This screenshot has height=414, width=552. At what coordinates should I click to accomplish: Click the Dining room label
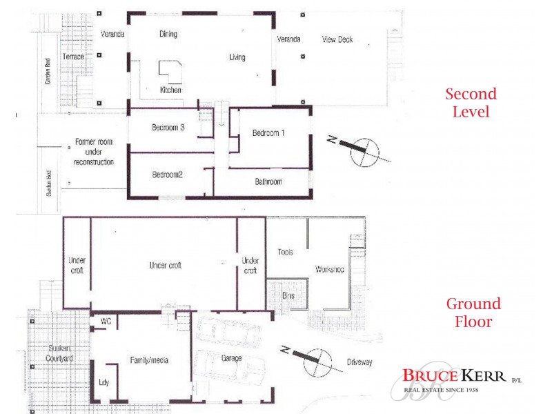[168, 34]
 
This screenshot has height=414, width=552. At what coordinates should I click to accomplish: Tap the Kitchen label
[171, 90]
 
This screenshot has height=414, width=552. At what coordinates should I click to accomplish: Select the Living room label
[237, 57]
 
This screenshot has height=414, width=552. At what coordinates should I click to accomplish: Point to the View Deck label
[337, 39]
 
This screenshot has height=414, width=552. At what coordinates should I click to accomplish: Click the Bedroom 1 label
[268, 133]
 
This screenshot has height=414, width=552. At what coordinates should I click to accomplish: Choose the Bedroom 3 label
[168, 128]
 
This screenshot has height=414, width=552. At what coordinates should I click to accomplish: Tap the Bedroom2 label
[167, 175]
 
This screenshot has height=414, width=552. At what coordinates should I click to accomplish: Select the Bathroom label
[268, 182]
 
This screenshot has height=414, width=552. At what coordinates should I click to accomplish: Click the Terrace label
[73, 57]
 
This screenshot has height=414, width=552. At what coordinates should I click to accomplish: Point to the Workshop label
[329, 270]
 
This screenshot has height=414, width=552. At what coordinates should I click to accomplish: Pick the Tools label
[285, 253]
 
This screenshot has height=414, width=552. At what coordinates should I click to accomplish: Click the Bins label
[288, 295]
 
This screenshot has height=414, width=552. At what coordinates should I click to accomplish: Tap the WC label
[106, 322]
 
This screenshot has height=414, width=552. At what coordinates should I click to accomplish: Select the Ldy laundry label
[104, 382]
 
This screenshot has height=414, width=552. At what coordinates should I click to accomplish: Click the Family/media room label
[150, 360]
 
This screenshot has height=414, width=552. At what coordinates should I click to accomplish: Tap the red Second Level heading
[471, 102]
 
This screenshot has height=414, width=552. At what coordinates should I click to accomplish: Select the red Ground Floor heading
[473, 313]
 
